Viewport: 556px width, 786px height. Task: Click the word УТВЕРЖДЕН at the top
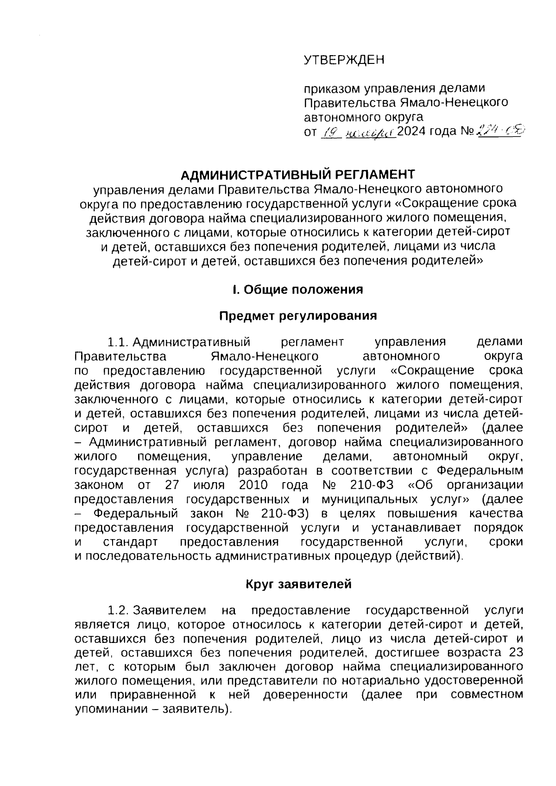[x=344, y=60]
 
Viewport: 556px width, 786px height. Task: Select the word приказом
[x=331, y=88]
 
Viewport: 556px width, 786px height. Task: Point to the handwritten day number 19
[x=332, y=133]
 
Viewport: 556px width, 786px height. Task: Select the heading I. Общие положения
[x=297, y=289]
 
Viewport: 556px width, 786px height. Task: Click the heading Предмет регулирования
[x=297, y=316]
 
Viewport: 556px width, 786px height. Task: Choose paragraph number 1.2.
[x=117, y=611]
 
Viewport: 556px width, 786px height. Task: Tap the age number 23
[x=515, y=653]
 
